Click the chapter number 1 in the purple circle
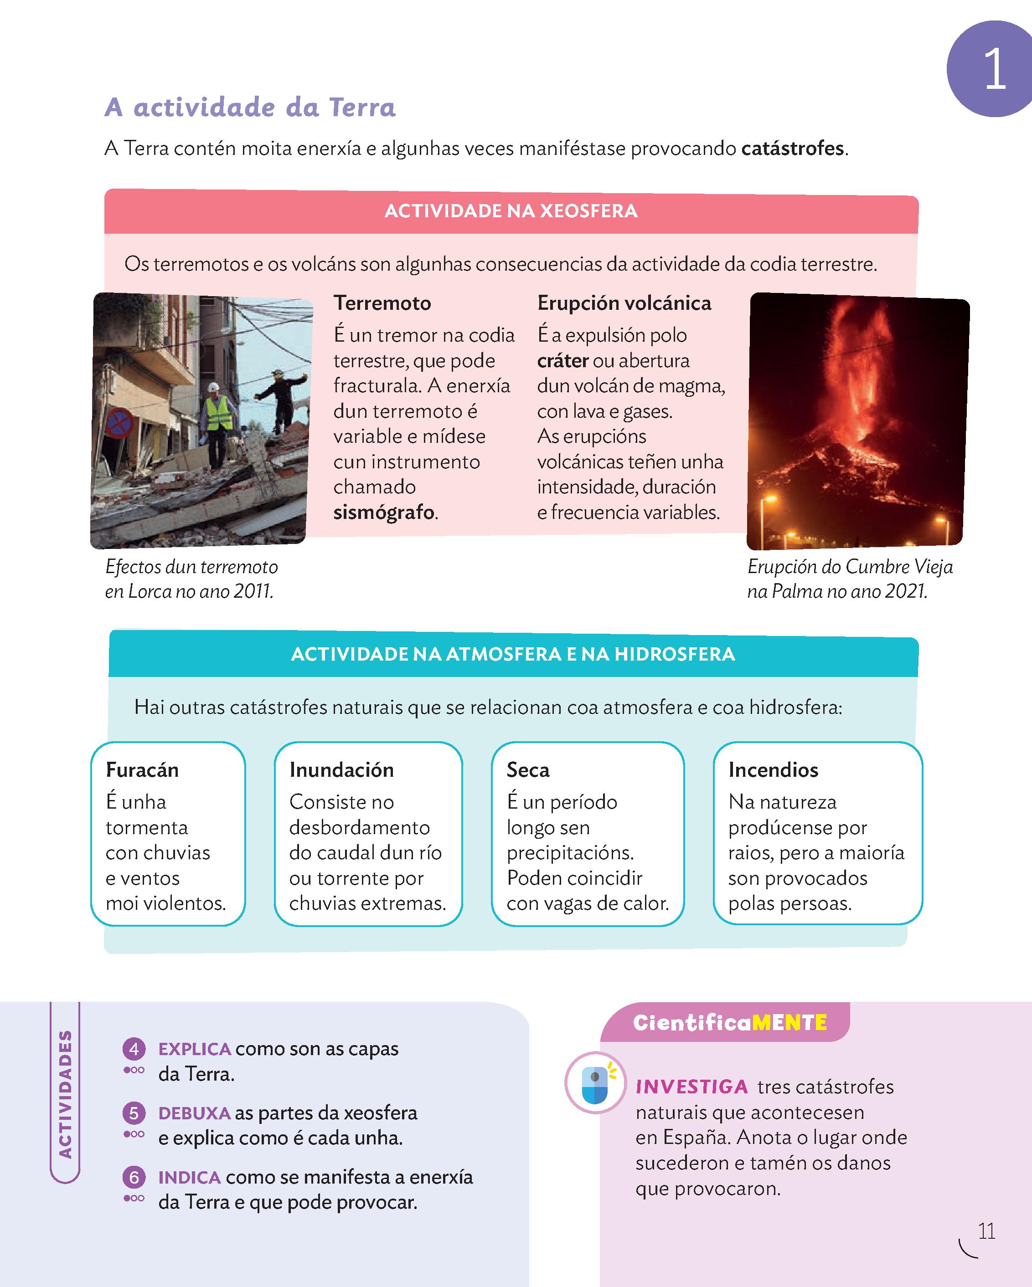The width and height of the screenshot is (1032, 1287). [994, 69]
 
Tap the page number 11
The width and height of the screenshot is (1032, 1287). [986, 1231]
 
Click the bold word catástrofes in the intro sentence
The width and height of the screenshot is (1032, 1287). [793, 148]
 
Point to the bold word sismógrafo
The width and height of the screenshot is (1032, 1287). [384, 512]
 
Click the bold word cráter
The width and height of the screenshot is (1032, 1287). [562, 360]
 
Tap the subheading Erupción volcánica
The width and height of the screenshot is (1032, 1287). [624, 303]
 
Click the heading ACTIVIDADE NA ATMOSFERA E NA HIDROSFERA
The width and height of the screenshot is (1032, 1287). [512, 654]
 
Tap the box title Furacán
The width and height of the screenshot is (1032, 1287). [142, 770]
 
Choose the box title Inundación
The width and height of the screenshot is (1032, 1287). [341, 770]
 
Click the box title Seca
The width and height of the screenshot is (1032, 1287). [528, 770]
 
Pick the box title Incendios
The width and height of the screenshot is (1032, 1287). [774, 770]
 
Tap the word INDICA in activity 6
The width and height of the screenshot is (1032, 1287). [189, 1177]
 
